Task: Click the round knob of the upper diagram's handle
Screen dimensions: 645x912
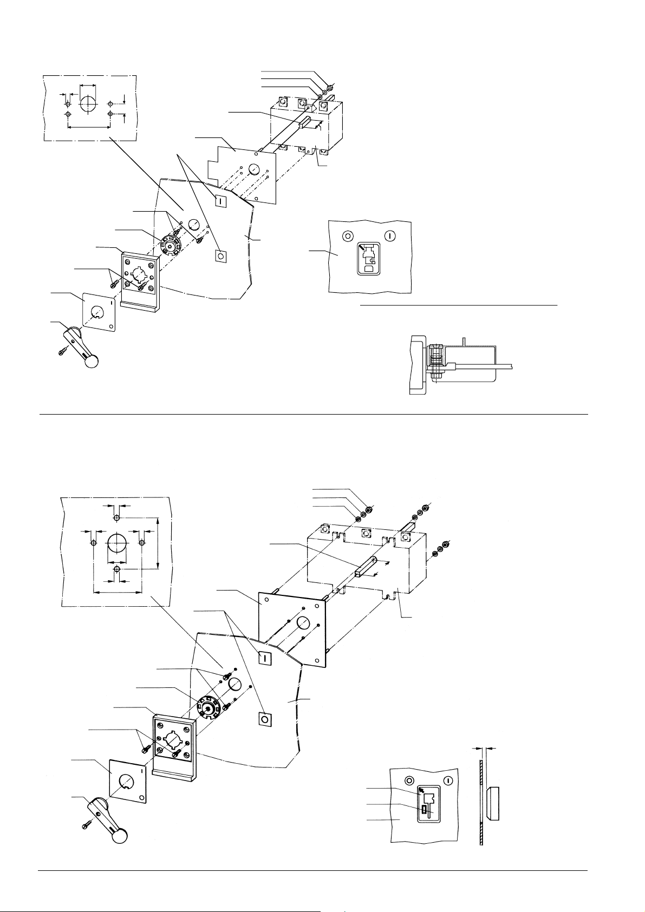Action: [93, 361]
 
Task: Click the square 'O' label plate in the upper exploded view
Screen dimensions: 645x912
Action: [220, 256]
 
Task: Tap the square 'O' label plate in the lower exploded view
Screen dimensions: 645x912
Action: [265, 719]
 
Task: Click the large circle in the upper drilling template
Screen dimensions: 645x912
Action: [87, 104]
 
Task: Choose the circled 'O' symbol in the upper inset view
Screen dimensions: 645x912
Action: [347, 235]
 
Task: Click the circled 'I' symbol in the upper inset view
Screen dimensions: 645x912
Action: [390, 235]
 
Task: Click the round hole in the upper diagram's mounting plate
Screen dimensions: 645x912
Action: [254, 170]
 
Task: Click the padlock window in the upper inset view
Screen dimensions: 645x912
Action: [369, 259]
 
